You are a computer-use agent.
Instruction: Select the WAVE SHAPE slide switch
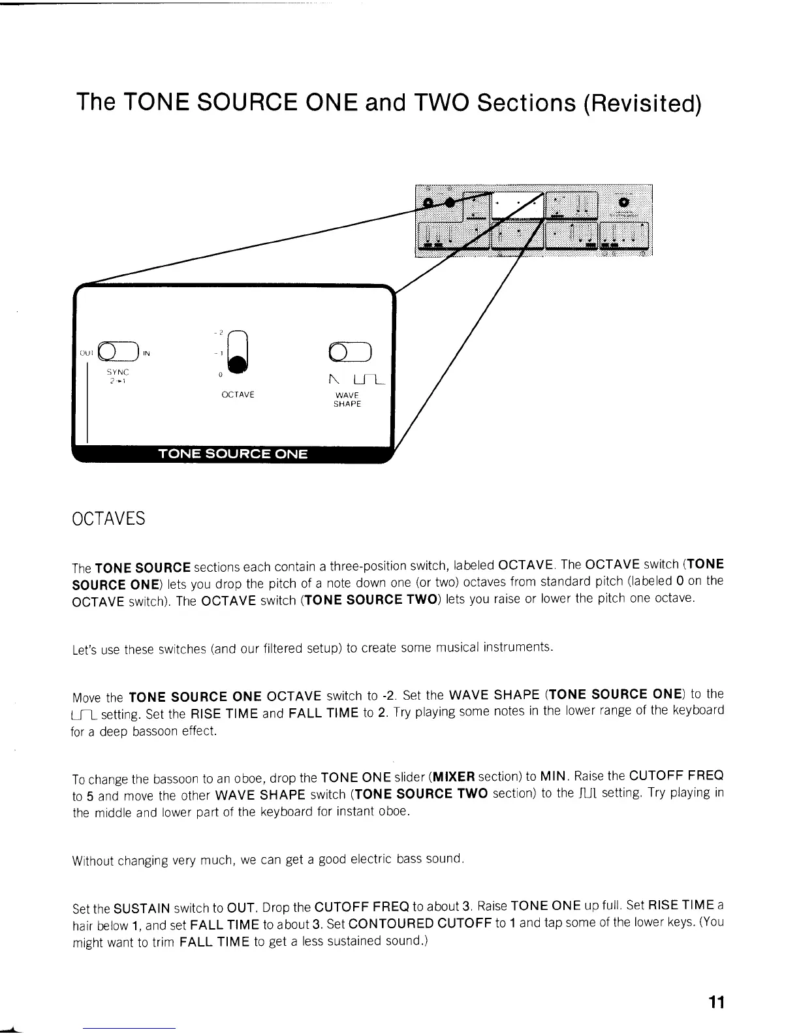(351, 352)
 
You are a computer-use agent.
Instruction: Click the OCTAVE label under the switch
(238, 395)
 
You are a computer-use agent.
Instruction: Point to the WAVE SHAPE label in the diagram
(347, 399)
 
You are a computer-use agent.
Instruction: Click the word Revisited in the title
(642, 102)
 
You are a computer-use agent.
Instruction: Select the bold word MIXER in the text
(454, 777)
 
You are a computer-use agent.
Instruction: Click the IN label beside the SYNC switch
(147, 354)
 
